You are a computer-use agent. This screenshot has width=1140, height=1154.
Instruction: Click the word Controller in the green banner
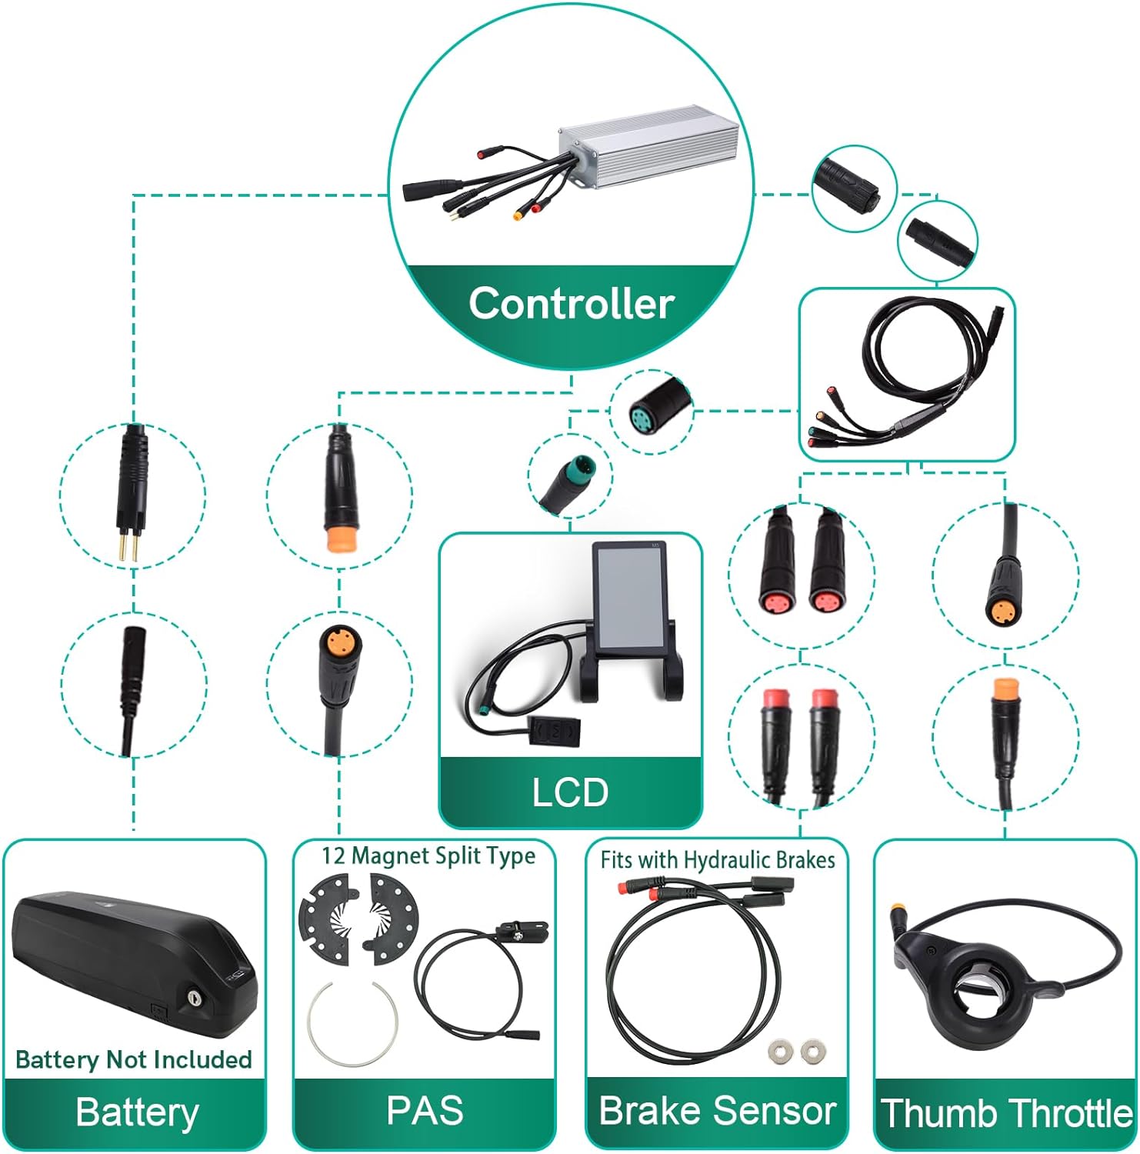572,303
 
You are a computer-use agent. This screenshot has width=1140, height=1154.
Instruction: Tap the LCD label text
570,792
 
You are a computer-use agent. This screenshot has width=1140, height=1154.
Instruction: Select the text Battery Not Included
134,1059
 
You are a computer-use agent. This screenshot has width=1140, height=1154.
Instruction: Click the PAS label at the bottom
425,1110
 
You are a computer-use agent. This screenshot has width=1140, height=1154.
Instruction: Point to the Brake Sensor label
717,1110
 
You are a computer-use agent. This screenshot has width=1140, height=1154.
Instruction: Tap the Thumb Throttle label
1006,1113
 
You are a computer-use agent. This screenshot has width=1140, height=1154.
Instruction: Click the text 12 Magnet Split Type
428,856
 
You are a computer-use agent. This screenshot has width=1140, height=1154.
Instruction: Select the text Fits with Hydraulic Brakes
718,859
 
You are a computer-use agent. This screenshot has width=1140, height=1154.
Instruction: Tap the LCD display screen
629,601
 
